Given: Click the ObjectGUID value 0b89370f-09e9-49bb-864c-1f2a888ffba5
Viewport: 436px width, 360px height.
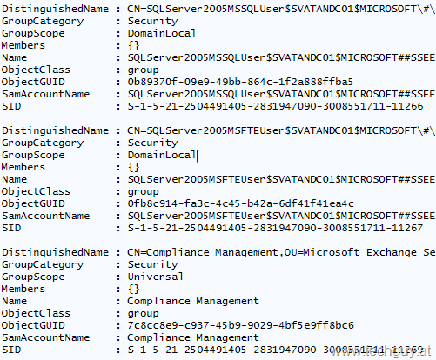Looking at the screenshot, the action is coord(240,82).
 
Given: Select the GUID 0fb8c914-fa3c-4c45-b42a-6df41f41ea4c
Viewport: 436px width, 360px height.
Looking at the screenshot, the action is coord(240,203).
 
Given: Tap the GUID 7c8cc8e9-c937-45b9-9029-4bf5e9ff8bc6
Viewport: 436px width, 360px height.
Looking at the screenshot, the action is coord(240,325).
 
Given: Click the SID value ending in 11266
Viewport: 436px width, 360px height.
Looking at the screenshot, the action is coord(275,106).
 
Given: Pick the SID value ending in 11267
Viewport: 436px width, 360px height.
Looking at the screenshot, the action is coord(275,228).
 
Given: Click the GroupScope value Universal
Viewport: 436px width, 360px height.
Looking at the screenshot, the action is coord(156,277).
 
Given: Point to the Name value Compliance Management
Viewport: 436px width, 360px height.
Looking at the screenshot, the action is coord(193,301).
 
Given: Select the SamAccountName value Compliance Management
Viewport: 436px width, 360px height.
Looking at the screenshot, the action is coord(193,337).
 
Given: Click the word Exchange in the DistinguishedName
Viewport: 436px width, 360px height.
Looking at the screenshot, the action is coord(392,252).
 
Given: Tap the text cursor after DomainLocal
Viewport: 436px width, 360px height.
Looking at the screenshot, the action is coord(198,156).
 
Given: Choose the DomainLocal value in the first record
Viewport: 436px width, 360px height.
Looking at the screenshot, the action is coord(162,33).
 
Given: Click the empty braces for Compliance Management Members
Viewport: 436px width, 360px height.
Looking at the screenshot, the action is coord(134,289).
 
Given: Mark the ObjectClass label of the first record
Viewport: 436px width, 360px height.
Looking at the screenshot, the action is coord(36,70).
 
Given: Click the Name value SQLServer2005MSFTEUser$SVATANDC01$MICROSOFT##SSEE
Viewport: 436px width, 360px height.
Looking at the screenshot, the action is coord(281,179).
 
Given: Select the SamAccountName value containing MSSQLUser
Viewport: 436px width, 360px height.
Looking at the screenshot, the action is coord(281,94).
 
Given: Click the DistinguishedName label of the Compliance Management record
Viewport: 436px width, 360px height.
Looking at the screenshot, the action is coord(55,252).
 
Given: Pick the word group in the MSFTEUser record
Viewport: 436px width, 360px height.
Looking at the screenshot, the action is coord(143,192).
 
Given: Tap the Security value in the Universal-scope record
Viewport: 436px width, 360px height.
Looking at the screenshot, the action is coord(152,264).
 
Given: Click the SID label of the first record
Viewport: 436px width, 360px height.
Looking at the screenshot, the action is coord(11,106).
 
